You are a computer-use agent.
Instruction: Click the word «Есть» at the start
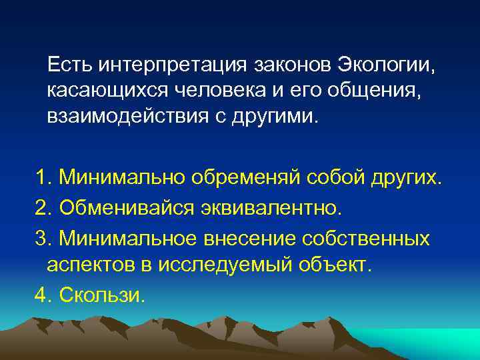pyautogui.click(x=70, y=65)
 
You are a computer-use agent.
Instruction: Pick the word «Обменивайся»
pyautogui.click(x=127, y=207)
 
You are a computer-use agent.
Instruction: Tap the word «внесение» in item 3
pyautogui.click(x=255, y=237)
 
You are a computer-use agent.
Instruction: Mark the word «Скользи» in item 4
pyautogui.click(x=101, y=294)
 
